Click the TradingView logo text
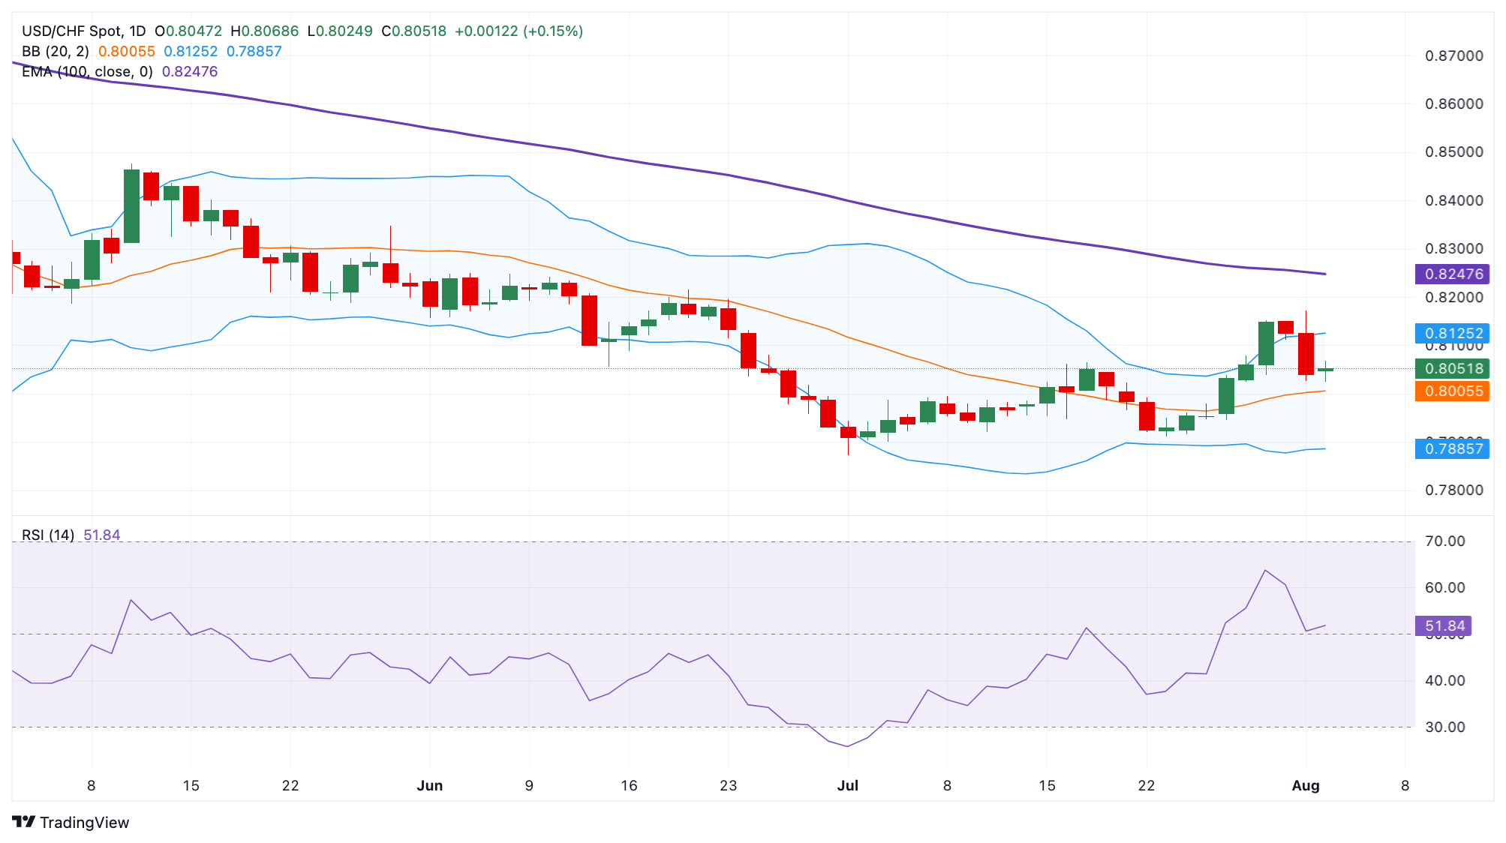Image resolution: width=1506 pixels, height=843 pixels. click(x=84, y=822)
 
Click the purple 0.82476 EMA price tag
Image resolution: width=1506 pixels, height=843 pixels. click(x=1452, y=274)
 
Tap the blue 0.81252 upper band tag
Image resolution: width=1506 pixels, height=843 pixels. click(x=1452, y=333)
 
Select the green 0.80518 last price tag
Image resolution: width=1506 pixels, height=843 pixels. click(x=1452, y=368)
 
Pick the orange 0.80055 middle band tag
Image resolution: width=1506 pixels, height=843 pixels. click(x=1452, y=391)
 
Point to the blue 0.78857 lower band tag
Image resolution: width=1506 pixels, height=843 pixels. click(x=1452, y=448)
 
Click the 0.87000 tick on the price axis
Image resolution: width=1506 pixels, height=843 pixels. click(x=1453, y=55)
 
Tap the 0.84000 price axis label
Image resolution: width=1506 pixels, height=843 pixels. click(x=1453, y=200)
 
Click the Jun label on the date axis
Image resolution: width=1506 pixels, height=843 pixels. click(x=430, y=785)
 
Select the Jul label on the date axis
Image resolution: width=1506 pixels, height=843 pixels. click(x=847, y=785)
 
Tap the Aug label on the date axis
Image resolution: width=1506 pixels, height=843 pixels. click(x=1305, y=785)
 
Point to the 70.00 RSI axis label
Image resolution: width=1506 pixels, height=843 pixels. click(x=1444, y=541)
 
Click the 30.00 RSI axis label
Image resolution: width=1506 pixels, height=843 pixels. click(x=1444, y=727)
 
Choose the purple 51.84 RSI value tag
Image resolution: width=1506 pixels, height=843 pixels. click(x=1443, y=625)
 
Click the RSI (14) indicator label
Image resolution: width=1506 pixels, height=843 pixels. click(x=48, y=535)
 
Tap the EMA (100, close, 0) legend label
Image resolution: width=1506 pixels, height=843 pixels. click(x=87, y=71)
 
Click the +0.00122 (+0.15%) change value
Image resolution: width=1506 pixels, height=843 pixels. click(x=519, y=31)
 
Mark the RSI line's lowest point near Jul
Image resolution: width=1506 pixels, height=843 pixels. click(x=847, y=746)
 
